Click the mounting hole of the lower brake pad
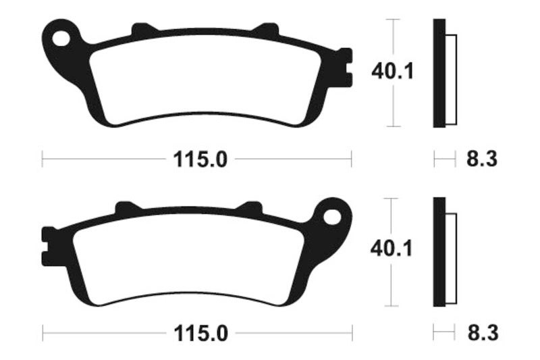332,216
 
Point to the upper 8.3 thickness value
481,160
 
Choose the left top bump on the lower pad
127,207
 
